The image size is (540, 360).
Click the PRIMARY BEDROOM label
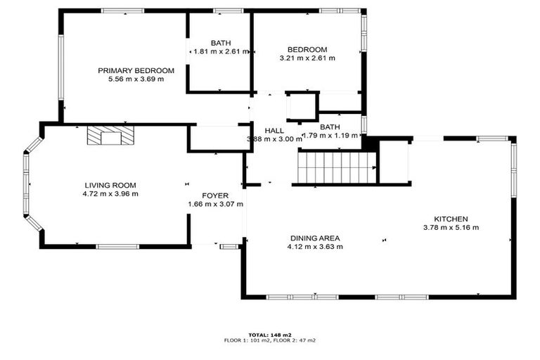click(136, 70)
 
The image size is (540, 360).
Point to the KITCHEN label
click(451, 219)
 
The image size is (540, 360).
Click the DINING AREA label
click(315, 238)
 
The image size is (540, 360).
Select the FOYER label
click(215, 195)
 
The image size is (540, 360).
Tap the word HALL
click(274, 131)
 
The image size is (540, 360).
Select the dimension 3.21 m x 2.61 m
click(307, 58)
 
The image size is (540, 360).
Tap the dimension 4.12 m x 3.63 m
click(315, 247)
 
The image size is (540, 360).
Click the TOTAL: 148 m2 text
click(270, 335)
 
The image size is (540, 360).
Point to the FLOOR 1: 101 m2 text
click(248, 340)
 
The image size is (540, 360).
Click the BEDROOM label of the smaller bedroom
click(307, 49)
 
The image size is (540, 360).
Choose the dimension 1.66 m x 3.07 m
click(215, 205)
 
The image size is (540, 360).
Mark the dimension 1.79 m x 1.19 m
click(330, 136)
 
